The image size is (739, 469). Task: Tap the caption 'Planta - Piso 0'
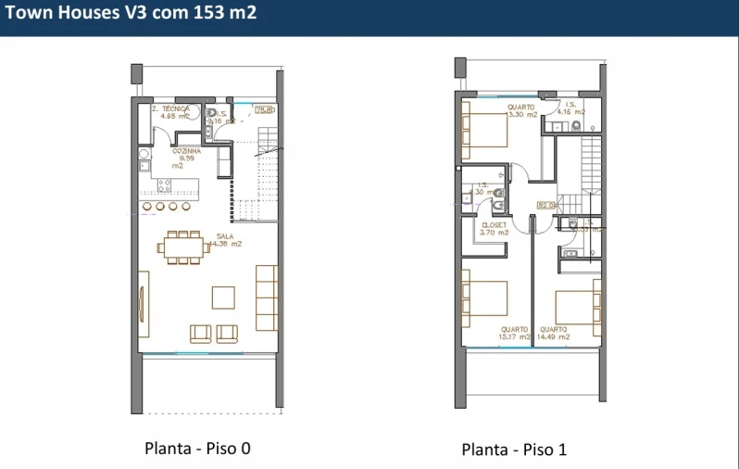pyautogui.click(x=197, y=449)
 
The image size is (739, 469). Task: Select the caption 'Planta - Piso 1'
pyautogui.click(x=514, y=450)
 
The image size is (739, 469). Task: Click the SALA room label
pyautogui.click(x=228, y=240)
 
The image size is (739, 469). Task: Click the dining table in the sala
pyautogui.click(x=183, y=247)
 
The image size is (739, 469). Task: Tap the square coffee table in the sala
pyautogui.click(x=223, y=297)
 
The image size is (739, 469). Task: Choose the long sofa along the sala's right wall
pyautogui.click(x=267, y=298)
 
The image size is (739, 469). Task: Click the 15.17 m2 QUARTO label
pyautogui.click(x=516, y=333)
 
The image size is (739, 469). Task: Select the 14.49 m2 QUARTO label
pyautogui.click(x=554, y=333)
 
